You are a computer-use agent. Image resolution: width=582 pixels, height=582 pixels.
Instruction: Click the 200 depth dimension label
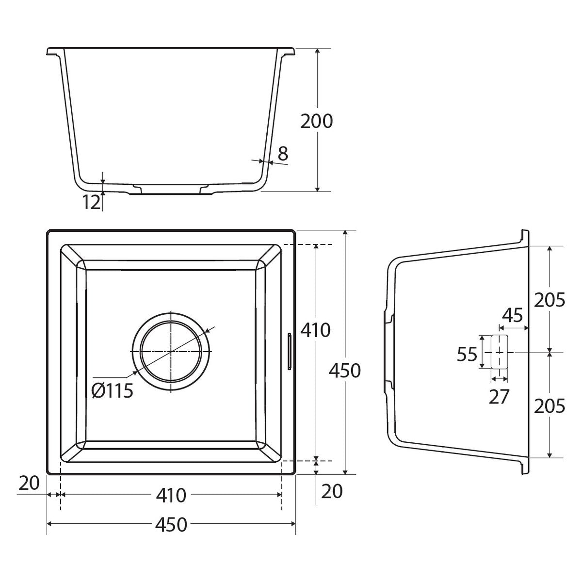pyautogui.click(x=316, y=121)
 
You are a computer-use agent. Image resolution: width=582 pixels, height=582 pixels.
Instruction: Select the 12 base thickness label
pyautogui.click(x=91, y=202)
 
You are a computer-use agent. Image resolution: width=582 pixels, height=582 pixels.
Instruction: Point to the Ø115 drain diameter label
pyautogui.click(x=112, y=390)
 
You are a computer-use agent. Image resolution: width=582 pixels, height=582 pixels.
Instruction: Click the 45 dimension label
pyautogui.click(x=512, y=316)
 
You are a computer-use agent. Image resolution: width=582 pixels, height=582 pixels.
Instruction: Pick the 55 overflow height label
pyautogui.click(x=467, y=354)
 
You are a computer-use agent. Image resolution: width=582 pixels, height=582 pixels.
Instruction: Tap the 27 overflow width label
pyautogui.click(x=499, y=397)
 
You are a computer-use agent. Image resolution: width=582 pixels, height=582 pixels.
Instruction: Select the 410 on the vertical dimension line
pyautogui.click(x=315, y=330)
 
